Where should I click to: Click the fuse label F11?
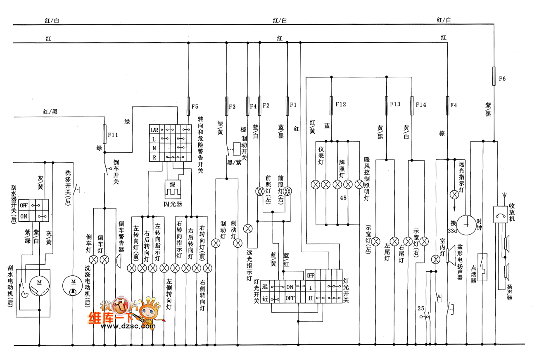[113, 135]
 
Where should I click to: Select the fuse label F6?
[502, 78]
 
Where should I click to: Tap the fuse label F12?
[341, 104]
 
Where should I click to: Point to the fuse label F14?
[421, 104]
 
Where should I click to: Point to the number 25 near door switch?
[421, 308]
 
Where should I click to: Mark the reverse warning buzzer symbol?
[118, 261]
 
